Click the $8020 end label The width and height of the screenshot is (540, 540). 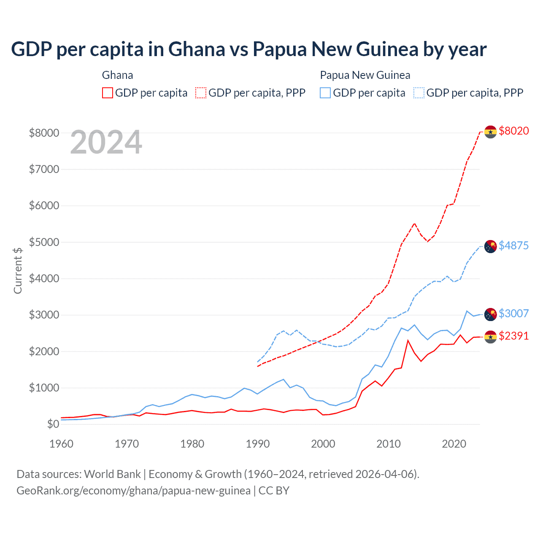click(x=513, y=131)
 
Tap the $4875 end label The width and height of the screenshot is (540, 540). click(x=513, y=246)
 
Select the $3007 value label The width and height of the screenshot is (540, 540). click(x=513, y=313)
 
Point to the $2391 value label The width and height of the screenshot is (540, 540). click(x=513, y=336)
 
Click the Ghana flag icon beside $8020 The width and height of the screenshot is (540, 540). click(x=490, y=132)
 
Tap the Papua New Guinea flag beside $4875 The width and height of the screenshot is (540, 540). click(x=490, y=247)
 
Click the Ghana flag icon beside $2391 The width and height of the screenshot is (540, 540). click(x=490, y=337)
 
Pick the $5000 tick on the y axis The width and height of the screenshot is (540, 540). click(x=44, y=242)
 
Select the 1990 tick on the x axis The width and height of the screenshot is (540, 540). click(x=258, y=444)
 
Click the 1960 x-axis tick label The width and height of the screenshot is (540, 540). click(x=62, y=444)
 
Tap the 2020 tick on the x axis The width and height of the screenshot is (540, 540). click(x=454, y=444)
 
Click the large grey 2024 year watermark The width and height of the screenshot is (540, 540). click(x=106, y=142)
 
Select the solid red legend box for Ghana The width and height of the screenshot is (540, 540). click(x=108, y=93)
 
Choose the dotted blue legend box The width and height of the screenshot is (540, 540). click(x=419, y=93)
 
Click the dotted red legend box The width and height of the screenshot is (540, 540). click(x=201, y=93)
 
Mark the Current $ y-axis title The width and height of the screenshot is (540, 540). click(x=18, y=270)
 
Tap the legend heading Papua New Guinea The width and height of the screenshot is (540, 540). click(x=365, y=75)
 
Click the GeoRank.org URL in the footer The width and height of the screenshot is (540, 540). click(x=133, y=491)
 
